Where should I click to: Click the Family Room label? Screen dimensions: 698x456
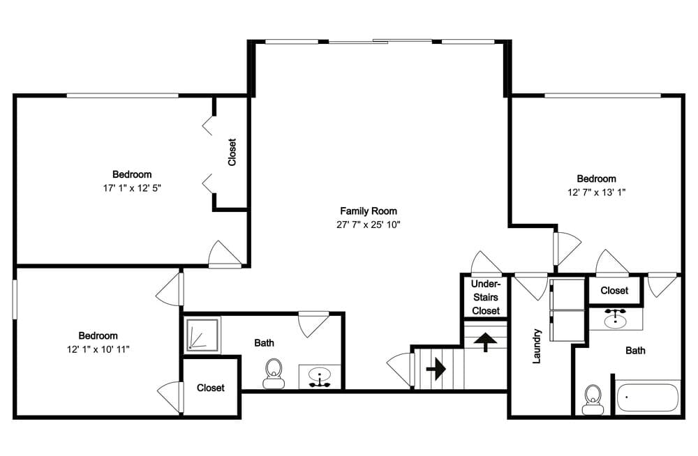coord(368,211)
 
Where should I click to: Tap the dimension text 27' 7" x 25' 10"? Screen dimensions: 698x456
coord(368,225)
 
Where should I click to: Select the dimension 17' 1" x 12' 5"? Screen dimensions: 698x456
coord(132,188)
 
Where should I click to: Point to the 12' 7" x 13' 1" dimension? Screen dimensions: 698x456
coord(596,192)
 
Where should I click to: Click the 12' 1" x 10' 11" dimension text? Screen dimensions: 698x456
coord(98,350)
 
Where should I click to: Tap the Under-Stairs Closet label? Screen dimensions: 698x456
coord(486,297)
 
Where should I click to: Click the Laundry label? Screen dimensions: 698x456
coord(536,346)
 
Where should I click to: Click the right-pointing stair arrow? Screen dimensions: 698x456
coord(436,369)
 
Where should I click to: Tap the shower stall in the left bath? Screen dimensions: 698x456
coord(202,335)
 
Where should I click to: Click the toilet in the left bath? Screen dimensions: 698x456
coord(274,374)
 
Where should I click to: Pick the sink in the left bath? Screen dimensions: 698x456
coord(320,377)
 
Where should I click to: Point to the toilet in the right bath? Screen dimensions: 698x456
coord(593,400)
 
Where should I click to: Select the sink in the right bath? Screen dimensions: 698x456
coord(616,319)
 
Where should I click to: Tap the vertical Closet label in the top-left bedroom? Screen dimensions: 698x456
coord(232,152)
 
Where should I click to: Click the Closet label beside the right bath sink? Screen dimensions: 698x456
coord(614,291)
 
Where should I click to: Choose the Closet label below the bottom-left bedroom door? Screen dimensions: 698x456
coord(211,388)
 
